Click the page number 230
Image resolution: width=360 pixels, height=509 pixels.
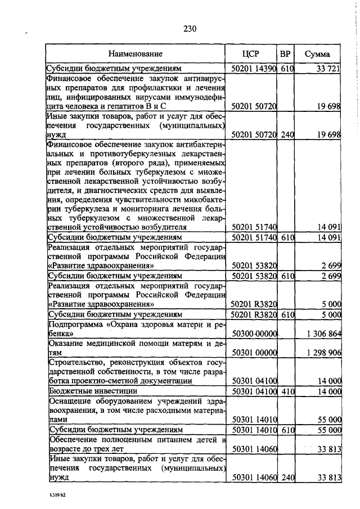coord(188,29)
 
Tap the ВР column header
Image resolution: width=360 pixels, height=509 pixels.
coord(286,55)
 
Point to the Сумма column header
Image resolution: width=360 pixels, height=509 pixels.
coord(318,55)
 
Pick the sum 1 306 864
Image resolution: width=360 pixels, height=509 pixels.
coord(323,334)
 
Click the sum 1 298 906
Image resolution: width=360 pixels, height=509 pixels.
coord(323,352)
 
